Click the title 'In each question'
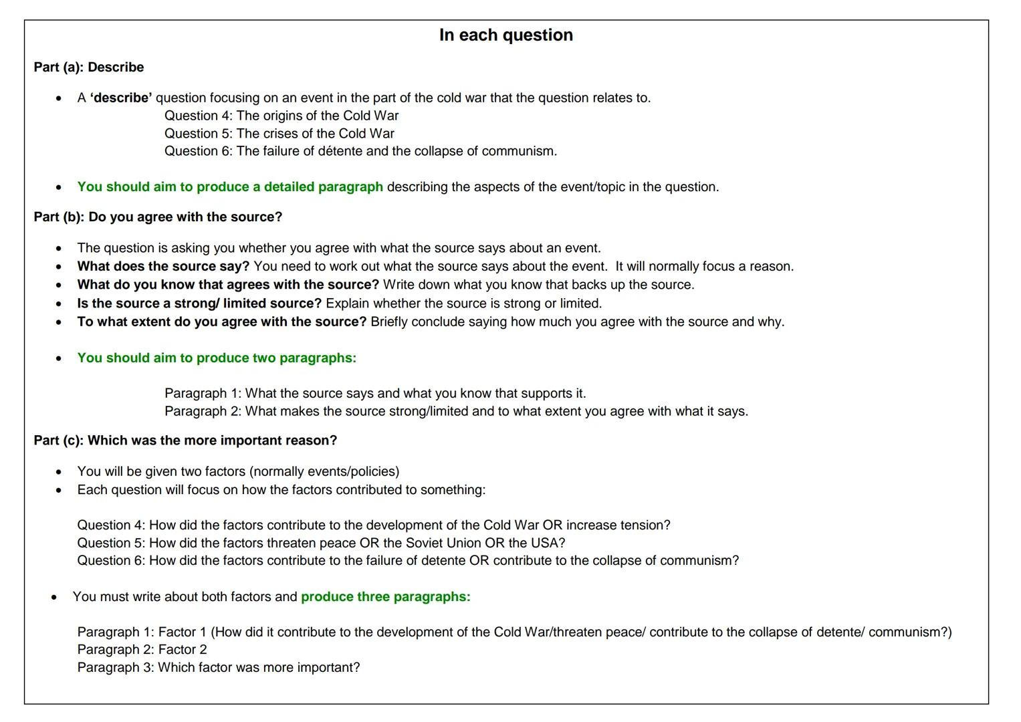click(x=505, y=35)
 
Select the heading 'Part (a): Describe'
click(x=89, y=67)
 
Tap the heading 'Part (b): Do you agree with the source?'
click(x=158, y=217)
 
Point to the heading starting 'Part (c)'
click(x=185, y=440)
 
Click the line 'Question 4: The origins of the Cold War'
click(x=281, y=116)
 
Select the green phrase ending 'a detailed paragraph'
click(x=230, y=187)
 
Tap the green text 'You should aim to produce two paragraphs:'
click(x=217, y=358)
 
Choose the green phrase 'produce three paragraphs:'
click(x=386, y=596)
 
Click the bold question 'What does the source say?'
click(x=163, y=266)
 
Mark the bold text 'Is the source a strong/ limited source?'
click(x=199, y=303)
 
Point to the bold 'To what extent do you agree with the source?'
click(x=222, y=322)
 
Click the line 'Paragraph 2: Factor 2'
click(x=142, y=649)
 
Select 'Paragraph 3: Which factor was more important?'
click(x=218, y=667)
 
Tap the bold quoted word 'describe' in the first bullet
click(x=121, y=98)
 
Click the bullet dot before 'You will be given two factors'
click(x=59, y=472)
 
